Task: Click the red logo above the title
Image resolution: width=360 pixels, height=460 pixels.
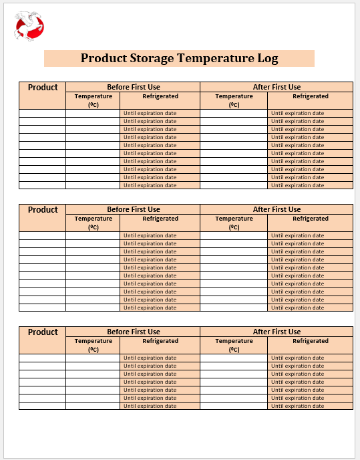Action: [x=29, y=26]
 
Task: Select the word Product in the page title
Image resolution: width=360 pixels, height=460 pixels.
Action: [x=101, y=58]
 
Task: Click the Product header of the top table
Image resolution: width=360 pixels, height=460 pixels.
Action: [x=43, y=87]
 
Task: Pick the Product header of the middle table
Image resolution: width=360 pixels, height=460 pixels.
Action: [x=43, y=209]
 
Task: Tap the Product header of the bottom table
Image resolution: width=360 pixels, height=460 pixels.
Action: [x=43, y=332]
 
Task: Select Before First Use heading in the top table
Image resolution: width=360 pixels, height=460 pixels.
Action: [x=134, y=87]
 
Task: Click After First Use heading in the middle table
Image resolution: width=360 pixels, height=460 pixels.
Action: [x=277, y=209]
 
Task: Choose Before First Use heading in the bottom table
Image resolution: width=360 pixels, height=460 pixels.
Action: [x=134, y=332]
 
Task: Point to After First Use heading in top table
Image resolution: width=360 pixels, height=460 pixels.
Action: [x=277, y=87]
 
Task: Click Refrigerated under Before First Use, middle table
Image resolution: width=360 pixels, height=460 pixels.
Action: [x=160, y=219]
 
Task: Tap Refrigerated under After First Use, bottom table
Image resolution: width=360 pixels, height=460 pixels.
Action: [x=311, y=341]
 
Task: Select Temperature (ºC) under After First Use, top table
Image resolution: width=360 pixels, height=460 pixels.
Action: [x=234, y=100]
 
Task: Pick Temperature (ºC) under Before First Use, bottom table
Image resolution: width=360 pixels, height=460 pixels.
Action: [x=94, y=344]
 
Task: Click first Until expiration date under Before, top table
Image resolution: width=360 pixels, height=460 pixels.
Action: [x=150, y=113]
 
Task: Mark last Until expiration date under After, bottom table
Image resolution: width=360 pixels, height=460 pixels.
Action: [x=298, y=406]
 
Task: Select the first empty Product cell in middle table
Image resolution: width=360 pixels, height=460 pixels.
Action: [x=43, y=235]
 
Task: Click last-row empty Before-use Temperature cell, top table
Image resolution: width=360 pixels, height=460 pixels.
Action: [x=93, y=185]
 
